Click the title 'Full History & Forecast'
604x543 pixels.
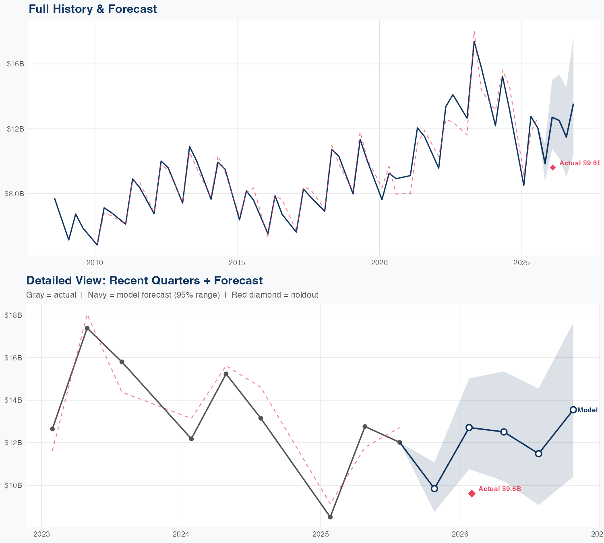pyautogui.click(x=93, y=9)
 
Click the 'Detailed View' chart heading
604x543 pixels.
pyautogui.click(x=144, y=280)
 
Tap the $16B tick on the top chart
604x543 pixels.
pyautogui.click(x=15, y=64)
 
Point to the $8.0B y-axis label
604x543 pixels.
pyautogui.click(x=14, y=193)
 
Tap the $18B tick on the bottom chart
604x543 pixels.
pyautogui.click(x=13, y=315)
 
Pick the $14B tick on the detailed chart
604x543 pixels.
pyautogui.click(x=13, y=400)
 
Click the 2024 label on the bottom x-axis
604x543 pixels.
pyautogui.click(x=181, y=534)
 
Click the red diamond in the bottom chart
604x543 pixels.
pyautogui.click(x=472, y=494)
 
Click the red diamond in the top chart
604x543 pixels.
pyautogui.click(x=553, y=167)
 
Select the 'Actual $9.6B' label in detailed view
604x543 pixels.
pyautogui.click(x=500, y=489)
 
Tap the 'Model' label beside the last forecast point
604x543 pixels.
pyautogui.click(x=587, y=410)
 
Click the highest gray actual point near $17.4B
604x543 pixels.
pyautogui.click(x=87, y=328)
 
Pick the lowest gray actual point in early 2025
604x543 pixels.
pyautogui.click(x=330, y=517)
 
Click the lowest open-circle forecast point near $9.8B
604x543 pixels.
pyautogui.click(x=434, y=489)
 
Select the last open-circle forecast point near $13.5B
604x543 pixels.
pyautogui.click(x=573, y=410)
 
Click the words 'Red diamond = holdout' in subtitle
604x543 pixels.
pyautogui.click(x=275, y=295)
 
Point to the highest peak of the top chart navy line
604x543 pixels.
pyautogui.click(x=474, y=41)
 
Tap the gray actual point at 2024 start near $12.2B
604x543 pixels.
pyautogui.click(x=191, y=438)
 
